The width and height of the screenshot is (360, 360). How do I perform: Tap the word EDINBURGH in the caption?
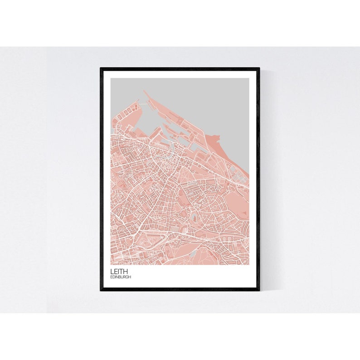pos(121,277)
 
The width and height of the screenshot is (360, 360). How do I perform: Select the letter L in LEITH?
pos(112,272)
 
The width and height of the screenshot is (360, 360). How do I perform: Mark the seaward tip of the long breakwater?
pos(144,91)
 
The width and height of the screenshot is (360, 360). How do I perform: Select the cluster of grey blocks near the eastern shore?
pos(237,172)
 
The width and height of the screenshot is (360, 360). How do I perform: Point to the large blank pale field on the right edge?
pos(236,199)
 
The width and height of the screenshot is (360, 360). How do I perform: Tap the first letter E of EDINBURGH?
pos(112,277)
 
